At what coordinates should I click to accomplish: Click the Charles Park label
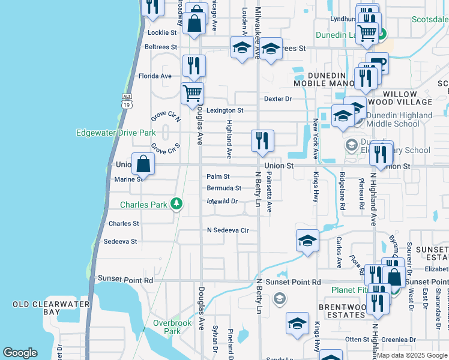pyautogui.click(x=143, y=205)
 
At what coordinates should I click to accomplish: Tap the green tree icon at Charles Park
pyautogui.click(x=176, y=204)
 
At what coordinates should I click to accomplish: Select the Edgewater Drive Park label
pyautogui.click(x=116, y=133)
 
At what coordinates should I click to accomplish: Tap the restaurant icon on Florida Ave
pyautogui.click(x=194, y=65)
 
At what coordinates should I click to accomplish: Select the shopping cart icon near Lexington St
pyautogui.click(x=192, y=93)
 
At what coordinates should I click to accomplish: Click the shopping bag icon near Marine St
pyautogui.click(x=143, y=164)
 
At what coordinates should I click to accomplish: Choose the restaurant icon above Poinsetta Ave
pyautogui.click(x=262, y=140)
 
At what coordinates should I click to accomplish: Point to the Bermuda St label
pyautogui.click(x=223, y=188)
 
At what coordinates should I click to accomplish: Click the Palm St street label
pyautogui.click(x=218, y=176)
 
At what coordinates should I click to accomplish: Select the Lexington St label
pyautogui.click(x=225, y=110)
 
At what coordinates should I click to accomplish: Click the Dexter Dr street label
pyautogui.click(x=277, y=98)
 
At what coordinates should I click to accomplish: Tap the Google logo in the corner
pyautogui.click(x=20, y=353)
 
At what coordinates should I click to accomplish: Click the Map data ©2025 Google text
pyautogui.click(x=411, y=355)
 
